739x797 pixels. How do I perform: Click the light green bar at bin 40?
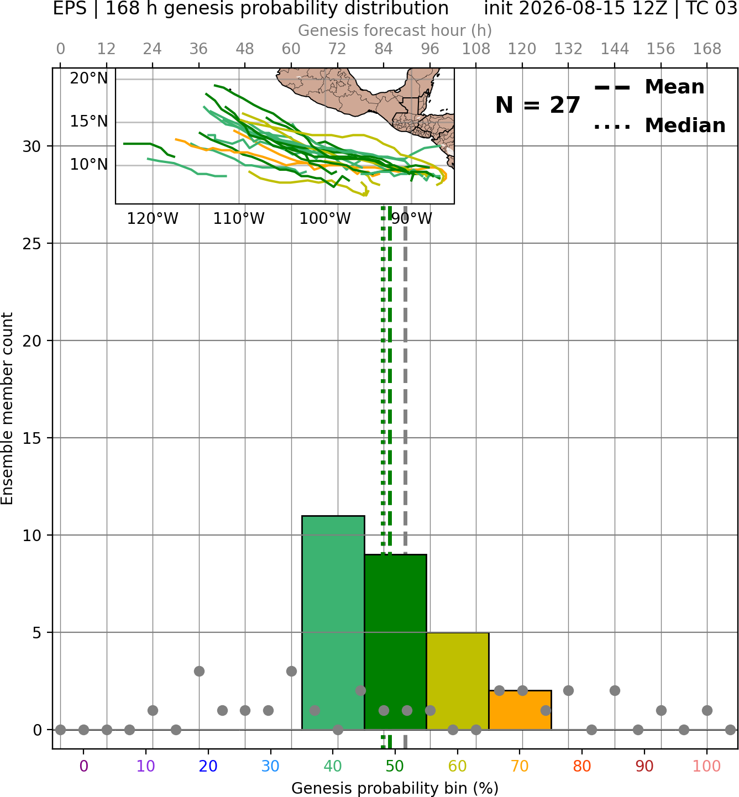pos(333,622)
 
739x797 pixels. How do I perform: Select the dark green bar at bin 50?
pos(395,642)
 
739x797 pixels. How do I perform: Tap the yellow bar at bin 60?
pos(458,681)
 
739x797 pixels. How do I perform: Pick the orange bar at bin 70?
pos(520,710)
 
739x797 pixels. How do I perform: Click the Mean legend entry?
pos(649,87)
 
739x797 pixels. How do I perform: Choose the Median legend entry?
pos(660,125)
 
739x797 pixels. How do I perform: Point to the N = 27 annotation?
pos(538,105)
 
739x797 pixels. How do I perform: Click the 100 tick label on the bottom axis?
pos(707,767)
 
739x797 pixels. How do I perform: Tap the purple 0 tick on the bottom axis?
pos(83,767)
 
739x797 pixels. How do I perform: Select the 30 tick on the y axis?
pos(32,146)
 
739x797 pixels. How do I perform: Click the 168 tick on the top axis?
pos(707,49)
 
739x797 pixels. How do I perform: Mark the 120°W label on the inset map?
pos(153,219)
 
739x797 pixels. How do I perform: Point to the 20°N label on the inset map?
pos(89,78)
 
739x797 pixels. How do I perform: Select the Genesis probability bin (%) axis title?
pos(395,788)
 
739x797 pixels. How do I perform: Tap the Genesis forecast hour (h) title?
pos(395,30)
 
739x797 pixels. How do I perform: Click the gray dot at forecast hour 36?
pos(199,672)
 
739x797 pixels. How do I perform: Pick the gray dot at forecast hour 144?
pos(615,691)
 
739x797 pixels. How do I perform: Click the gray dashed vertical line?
pos(405,478)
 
